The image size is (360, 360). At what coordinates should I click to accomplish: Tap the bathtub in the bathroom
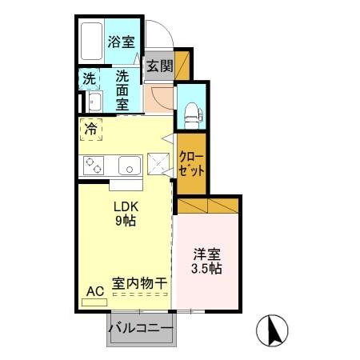point(92,40)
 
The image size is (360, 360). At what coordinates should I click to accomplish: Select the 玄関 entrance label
point(159,66)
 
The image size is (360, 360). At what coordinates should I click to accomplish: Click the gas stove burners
point(94,166)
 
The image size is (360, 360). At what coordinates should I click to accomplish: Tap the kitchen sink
point(129,166)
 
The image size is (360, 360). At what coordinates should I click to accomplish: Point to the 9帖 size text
point(124,220)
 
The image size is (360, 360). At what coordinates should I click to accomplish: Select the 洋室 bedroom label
point(208,255)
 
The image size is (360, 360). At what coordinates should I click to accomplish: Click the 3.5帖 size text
point(208,270)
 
